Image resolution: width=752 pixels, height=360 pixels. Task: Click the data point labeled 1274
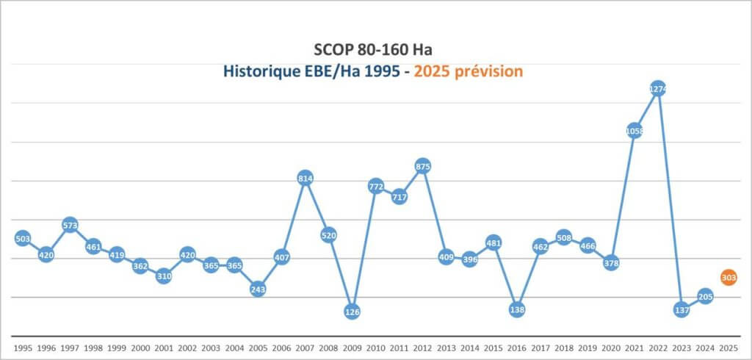[x=658, y=90]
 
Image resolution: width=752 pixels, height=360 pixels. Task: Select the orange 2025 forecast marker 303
[x=728, y=278]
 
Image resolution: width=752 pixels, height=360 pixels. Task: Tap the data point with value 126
[x=352, y=312]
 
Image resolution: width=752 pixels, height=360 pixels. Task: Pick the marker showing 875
[x=423, y=167]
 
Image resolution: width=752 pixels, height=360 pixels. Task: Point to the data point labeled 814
[x=305, y=179]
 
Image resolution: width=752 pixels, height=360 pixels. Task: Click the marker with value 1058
[x=634, y=132]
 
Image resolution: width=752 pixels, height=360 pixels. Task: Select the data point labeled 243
[x=258, y=289]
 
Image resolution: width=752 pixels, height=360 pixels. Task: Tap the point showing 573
[x=70, y=225]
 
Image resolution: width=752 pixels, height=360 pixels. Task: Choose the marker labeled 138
[x=517, y=309]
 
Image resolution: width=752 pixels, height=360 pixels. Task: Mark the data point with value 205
[x=705, y=297]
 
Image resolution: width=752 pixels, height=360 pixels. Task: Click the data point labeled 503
[x=23, y=239]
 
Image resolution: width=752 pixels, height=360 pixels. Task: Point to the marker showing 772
[x=376, y=187]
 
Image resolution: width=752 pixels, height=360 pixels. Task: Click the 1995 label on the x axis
[x=23, y=347]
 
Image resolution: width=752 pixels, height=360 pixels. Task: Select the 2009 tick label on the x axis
[x=352, y=347]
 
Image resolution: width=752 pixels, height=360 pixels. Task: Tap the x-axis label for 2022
[x=658, y=347]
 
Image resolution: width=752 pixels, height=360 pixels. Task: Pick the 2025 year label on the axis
[x=728, y=347]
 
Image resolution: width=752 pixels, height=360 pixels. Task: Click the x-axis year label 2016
[x=517, y=347]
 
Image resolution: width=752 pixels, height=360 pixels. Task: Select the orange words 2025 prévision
[x=469, y=71]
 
